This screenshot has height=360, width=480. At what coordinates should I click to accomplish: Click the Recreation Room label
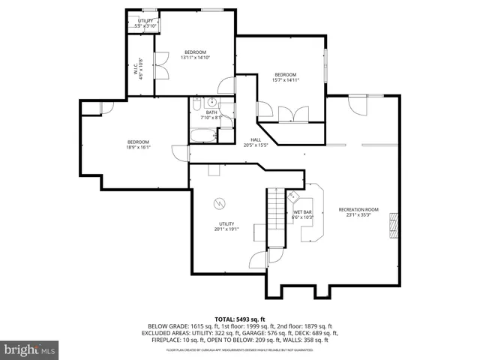[358, 209]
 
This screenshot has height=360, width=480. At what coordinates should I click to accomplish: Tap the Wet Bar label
[302, 213]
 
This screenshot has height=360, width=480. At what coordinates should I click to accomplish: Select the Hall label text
[256, 140]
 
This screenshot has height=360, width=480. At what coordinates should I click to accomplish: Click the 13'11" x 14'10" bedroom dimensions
[195, 57]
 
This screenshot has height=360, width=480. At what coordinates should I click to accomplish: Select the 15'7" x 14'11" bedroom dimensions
[285, 79]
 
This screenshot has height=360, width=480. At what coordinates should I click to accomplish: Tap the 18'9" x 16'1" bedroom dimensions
[138, 148]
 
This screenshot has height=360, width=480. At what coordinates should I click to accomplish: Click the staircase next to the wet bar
[277, 217]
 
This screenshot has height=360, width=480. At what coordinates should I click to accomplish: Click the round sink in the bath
[211, 103]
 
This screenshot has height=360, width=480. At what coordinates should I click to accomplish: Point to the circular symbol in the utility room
[220, 202]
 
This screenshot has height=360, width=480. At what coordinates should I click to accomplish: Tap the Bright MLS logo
[30, 349]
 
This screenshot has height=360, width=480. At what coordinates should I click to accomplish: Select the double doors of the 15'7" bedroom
[292, 115]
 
